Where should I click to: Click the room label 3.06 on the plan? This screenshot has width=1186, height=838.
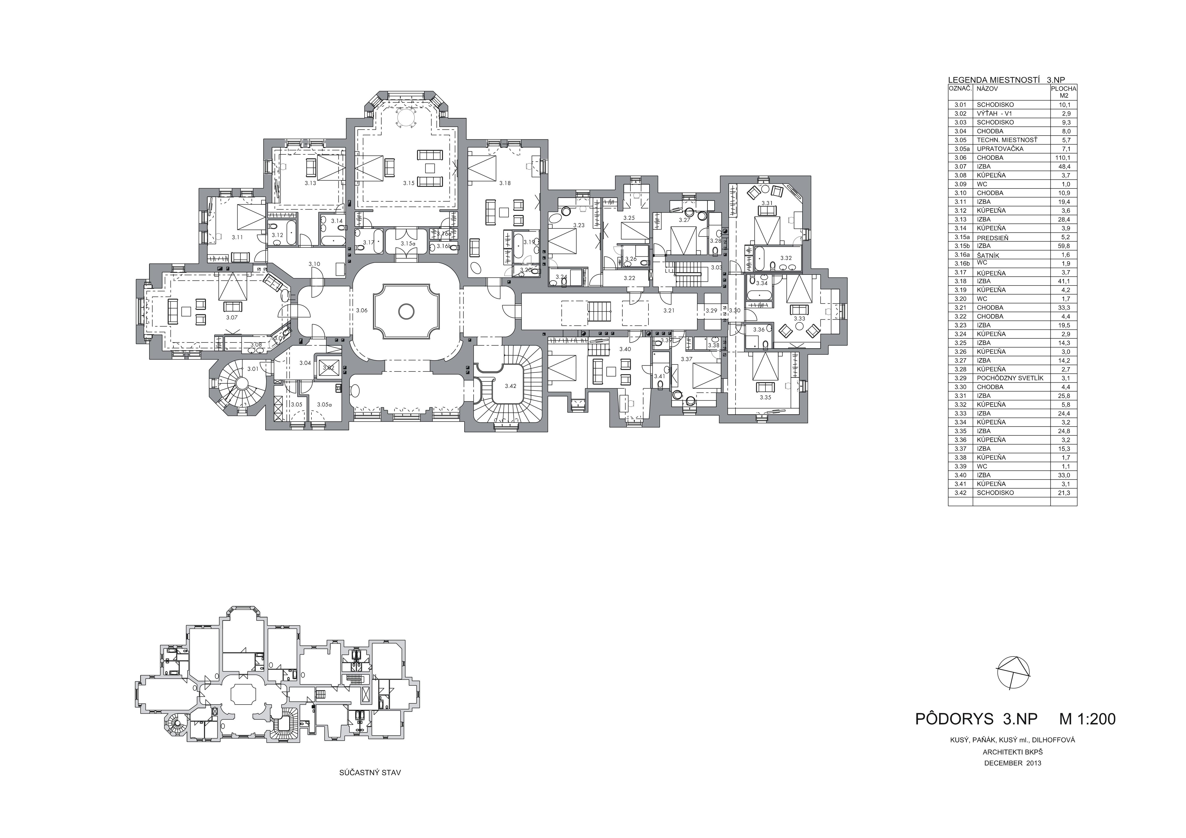[362, 310]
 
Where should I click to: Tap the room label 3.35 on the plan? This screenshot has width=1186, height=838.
[765, 397]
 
